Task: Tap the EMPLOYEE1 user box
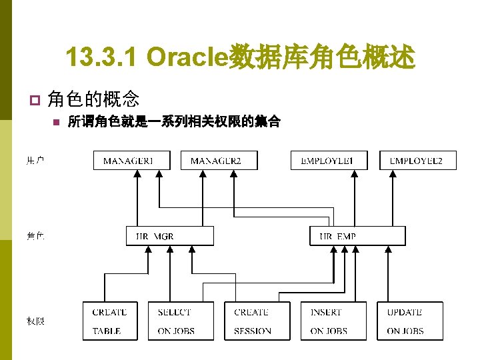click(x=329, y=160)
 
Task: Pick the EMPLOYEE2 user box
click(x=418, y=160)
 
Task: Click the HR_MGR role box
click(x=170, y=236)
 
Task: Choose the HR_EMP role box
click(x=357, y=236)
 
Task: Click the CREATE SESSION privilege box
click(x=253, y=321)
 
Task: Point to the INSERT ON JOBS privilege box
click(x=329, y=321)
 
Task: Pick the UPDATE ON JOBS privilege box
click(x=405, y=321)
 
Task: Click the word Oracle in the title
click(x=187, y=58)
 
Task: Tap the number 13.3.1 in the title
click(x=103, y=58)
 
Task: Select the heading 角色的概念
click(x=93, y=100)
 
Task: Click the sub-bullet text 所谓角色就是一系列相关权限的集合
click(x=174, y=122)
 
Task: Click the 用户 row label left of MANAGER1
click(x=35, y=160)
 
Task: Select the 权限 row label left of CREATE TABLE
click(x=35, y=321)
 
